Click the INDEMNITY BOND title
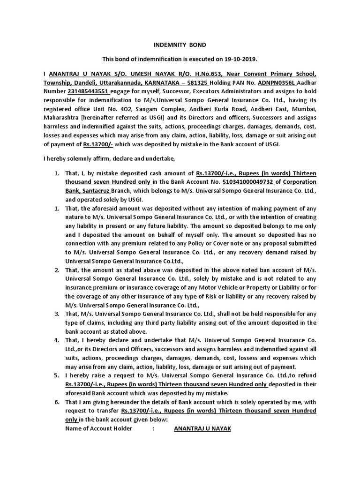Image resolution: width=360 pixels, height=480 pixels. pos(180,45)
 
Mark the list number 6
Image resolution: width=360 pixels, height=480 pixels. pos(56,402)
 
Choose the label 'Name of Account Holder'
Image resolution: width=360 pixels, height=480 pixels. pos(98,428)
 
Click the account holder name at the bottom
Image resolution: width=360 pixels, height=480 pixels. pos(202,428)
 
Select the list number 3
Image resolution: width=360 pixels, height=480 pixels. pos(56,314)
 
